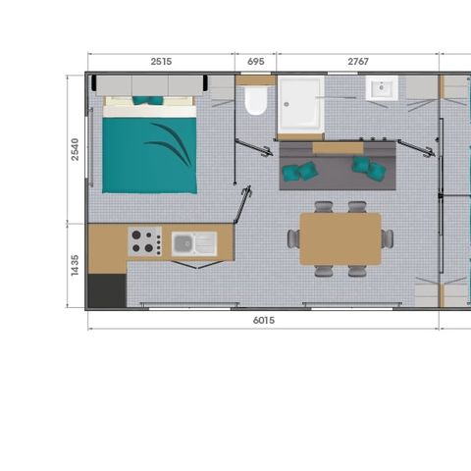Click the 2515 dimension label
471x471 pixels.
click(161, 62)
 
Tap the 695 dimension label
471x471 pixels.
click(255, 62)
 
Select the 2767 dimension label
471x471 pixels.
click(358, 62)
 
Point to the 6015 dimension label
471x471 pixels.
click(264, 320)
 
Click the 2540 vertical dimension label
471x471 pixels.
click(75, 149)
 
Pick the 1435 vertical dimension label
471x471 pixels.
click(75, 265)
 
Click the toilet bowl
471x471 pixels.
click(256, 100)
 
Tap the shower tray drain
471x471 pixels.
click(287, 104)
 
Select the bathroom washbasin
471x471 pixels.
click(382, 87)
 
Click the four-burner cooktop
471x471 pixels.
click(145, 241)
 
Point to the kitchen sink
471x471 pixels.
click(194, 243)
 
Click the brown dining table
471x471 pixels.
click(340, 238)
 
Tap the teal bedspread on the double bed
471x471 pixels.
click(149, 155)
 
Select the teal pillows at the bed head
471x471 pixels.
click(147, 100)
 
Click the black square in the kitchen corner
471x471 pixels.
click(107, 290)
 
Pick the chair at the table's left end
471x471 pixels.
click(293, 238)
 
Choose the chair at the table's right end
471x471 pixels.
click(388, 238)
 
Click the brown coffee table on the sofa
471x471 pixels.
click(338, 148)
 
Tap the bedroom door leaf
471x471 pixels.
click(242, 204)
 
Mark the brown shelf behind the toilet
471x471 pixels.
click(256, 80)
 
